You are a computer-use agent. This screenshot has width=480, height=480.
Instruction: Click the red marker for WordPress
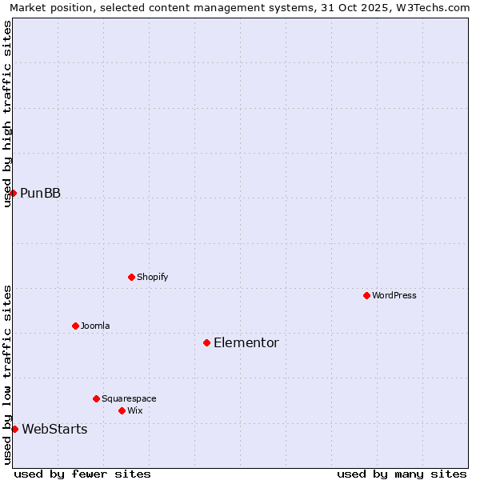(366, 295)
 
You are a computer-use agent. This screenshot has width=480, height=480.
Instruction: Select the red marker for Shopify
(131, 277)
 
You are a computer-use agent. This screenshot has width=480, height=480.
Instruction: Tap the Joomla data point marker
(75, 326)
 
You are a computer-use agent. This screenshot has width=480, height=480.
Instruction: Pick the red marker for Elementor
(206, 342)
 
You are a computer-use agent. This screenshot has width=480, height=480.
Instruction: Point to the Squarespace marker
(96, 398)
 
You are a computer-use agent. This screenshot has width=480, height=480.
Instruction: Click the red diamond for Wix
(122, 410)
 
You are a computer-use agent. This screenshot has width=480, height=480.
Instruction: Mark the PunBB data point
(13, 193)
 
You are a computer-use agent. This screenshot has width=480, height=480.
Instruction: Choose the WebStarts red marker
(14, 429)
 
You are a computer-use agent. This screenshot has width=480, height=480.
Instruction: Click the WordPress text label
(394, 295)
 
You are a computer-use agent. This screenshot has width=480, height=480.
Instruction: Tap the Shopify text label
(152, 277)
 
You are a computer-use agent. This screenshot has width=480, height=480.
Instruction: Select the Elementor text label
(246, 342)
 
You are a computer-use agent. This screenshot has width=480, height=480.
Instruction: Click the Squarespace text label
(129, 398)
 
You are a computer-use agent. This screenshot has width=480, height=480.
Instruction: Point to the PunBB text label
(40, 193)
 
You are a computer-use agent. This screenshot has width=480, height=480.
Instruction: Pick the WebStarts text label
(54, 429)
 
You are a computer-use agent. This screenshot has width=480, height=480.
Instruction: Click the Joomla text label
(95, 326)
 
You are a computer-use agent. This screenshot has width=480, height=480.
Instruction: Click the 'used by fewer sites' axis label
(82, 474)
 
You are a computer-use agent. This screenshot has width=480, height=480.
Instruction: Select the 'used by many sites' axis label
(402, 474)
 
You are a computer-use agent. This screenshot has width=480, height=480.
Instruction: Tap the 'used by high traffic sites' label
(7, 114)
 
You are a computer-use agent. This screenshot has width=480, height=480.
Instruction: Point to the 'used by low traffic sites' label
(7, 374)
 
